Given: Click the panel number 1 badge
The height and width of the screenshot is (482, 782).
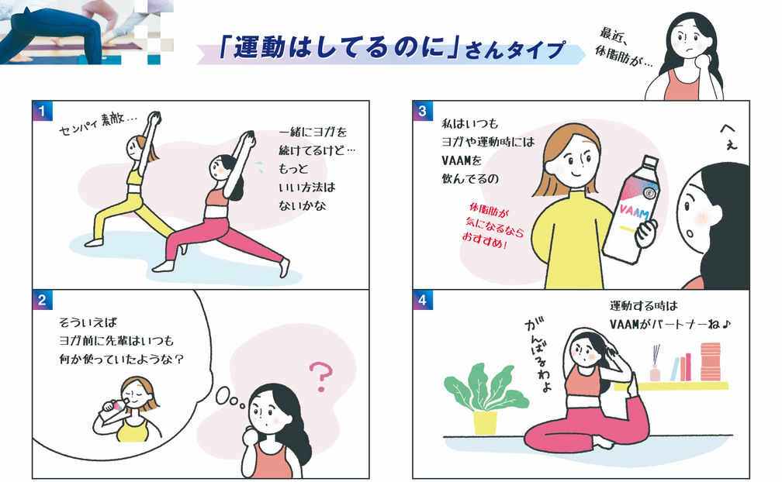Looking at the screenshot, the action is click(x=43, y=111).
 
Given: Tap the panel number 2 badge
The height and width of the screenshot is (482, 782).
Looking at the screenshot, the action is click(x=43, y=300).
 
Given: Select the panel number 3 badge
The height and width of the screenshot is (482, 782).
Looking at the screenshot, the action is click(x=423, y=111).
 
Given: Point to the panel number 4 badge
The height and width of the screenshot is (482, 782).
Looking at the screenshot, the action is click(x=423, y=300).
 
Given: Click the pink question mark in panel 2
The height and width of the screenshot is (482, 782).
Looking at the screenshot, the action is click(x=320, y=376).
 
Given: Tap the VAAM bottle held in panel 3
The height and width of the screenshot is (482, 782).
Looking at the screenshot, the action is click(x=631, y=208).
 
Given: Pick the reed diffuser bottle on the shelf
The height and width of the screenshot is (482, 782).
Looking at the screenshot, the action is click(x=656, y=363).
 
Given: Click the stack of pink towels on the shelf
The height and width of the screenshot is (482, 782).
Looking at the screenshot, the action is click(x=711, y=361).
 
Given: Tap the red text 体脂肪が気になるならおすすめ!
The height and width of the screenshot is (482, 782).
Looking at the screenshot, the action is click(x=491, y=226).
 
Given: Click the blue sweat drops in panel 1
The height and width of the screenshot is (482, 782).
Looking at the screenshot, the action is click(x=259, y=167).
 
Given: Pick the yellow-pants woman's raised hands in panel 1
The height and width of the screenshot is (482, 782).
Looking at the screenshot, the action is click(x=154, y=118).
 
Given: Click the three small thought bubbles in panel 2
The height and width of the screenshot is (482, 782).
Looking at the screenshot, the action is click(x=230, y=398).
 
